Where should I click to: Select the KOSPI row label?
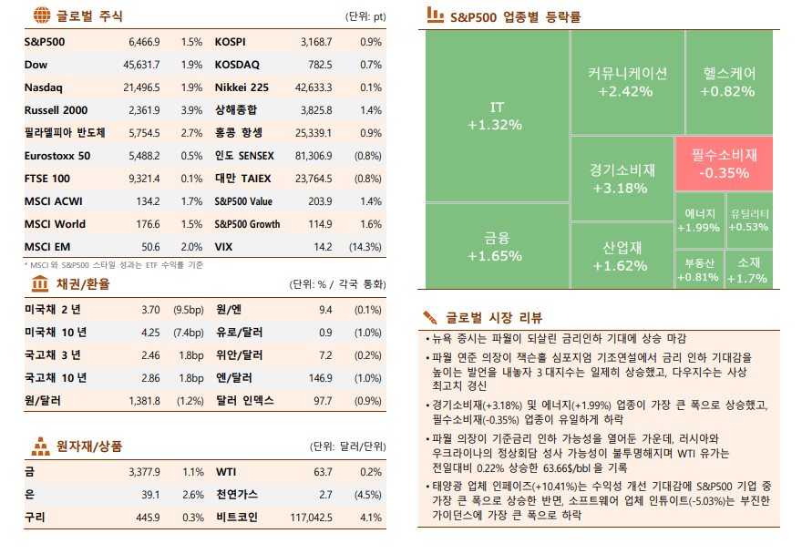coord(230,42)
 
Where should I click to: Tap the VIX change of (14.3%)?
coord(365,247)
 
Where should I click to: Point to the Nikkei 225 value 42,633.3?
coord(314,87)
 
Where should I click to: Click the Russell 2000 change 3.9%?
coord(191,110)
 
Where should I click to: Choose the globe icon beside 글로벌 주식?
coord(41,15)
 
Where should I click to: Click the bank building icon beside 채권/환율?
coord(41,284)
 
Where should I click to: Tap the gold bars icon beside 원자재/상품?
coord(41,446)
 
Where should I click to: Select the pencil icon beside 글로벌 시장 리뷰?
coord(430,317)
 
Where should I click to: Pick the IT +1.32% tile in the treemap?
coord(497,116)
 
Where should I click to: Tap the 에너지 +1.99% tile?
coord(699,220)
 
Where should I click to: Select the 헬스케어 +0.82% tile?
coord(729,82)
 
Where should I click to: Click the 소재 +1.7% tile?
coord(748,270)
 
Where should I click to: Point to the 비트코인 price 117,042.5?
coord(312,518)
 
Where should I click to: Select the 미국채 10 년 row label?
coord(56,332)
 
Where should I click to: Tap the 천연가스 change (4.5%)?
coord(367,495)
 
